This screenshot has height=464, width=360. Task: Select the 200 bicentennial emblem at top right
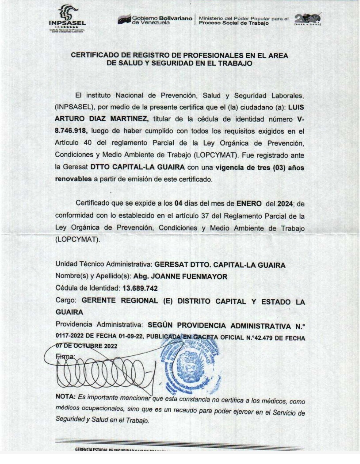[x=308, y=19]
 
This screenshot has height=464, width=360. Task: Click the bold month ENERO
[x=249, y=203]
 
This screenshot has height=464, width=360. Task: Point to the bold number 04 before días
[x=179, y=203]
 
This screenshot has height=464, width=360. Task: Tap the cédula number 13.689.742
[x=140, y=288]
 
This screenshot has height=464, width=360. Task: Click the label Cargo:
[x=66, y=300]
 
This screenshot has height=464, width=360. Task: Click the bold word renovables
[x=73, y=179]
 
